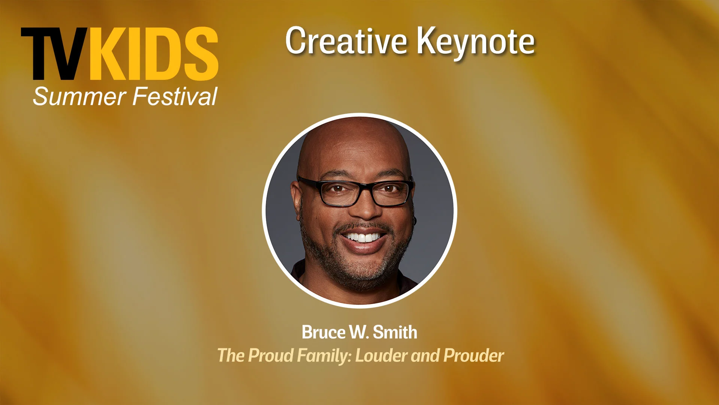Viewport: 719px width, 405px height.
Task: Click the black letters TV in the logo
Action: coord(55,54)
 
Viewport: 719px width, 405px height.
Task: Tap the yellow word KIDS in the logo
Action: coord(153,54)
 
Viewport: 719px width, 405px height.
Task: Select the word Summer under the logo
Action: coord(79,96)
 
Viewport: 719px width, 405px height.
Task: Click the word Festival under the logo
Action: coord(175,96)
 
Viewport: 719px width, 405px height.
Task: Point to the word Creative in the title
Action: coord(346,41)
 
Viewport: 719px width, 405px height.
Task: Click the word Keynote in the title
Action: coord(476,42)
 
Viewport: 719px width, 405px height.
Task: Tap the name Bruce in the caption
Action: coord(324,332)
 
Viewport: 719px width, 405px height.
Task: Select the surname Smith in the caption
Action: coord(395,332)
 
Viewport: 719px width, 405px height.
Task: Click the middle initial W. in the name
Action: coord(359,332)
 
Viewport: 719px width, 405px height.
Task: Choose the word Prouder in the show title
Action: coord(474,355)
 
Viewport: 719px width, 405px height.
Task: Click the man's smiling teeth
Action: coord(363,237)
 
